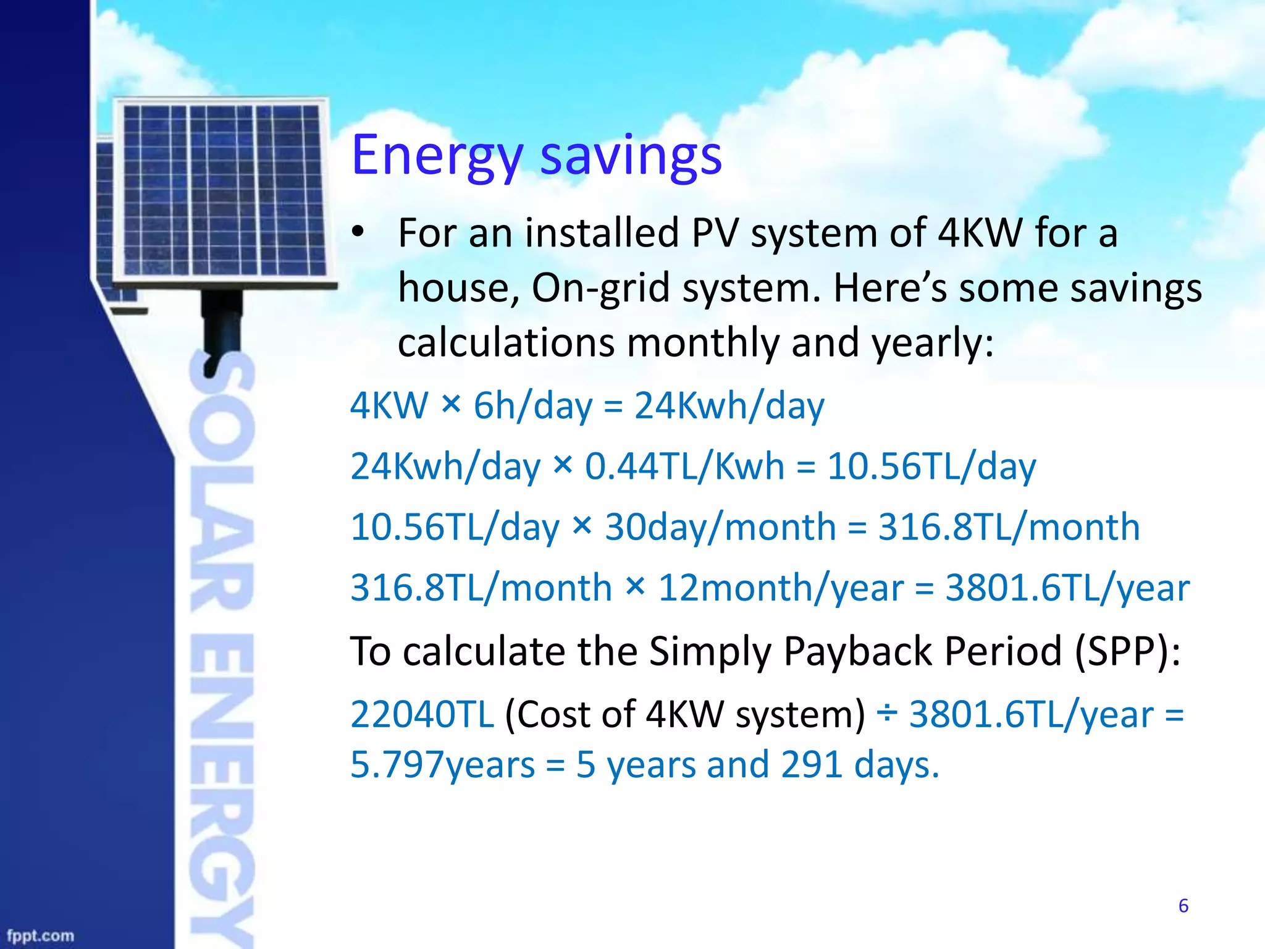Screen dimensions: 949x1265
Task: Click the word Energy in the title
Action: pyautogui.click(x=437, y=156)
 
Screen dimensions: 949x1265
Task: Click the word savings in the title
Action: pyautogui.click(x=631, y=156)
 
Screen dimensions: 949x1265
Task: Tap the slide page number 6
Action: pyautogui.click(x=1183, y=906)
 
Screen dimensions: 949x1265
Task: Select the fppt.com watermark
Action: pyautogui.click(x=40, y=936)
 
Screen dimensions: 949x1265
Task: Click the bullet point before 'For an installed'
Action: pyautogui.click(x=358, y=233)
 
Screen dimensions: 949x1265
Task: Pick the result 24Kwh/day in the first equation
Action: pyautogui.click(x=729, y=406)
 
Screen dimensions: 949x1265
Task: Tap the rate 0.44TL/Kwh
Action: pyautogui.click(x=684, y=466)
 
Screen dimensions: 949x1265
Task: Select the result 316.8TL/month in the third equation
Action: pyautogui.click(x=1009, y=527)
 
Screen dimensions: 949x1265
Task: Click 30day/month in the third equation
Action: pyautogui.click(x=720, y=527)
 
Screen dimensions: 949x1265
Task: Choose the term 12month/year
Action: pyautogui.click(x=781, y=588)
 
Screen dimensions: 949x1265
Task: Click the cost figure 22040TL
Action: pyautogui.click(x=422, y=714)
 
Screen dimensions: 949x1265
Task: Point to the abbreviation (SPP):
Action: pyautogui.click(x=1127, y=651)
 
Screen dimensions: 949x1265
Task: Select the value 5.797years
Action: pyautogui.click(x=442, y=765)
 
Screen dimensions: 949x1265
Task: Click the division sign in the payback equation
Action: pyautogui.click(x=887, y=714)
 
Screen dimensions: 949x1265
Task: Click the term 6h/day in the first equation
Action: pyautogui.click(x=532, y=406)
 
